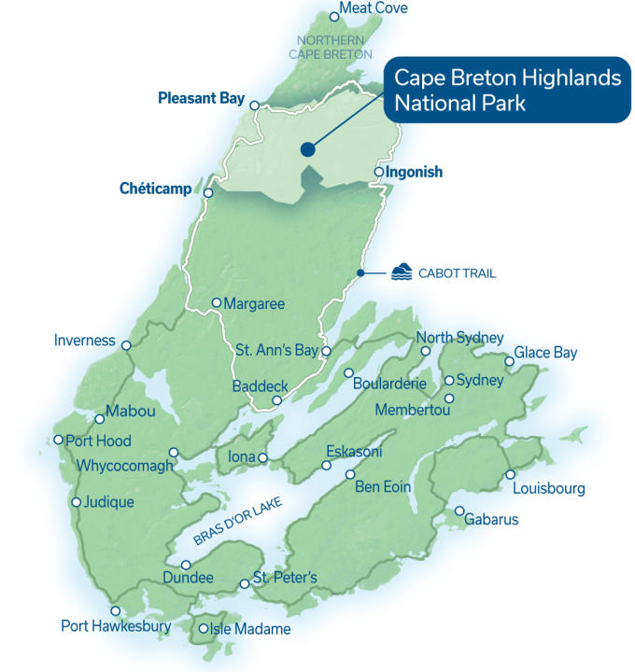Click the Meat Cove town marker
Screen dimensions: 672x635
coord(335,16)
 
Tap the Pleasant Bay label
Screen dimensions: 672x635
coord(201,97)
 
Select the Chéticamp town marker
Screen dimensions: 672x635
coord(208,194)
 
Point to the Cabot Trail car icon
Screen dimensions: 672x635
coord(400,273)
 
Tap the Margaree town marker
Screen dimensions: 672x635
coord(216,302)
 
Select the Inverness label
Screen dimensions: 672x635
coord(85,341)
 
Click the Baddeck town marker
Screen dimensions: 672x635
coord(276,401)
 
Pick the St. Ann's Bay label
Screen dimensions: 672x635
coord(276,351)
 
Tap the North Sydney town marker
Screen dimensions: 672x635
coord(426,352)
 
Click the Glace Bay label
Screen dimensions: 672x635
coord(547,352)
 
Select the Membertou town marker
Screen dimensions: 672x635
coord(449,399)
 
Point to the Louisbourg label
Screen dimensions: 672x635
coord(552,489)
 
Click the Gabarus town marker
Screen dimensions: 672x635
coord(460,511)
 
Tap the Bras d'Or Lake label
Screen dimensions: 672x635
coord(237,522)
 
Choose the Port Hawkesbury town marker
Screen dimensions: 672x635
coord(116,610)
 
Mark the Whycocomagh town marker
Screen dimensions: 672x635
coord(173,453)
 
